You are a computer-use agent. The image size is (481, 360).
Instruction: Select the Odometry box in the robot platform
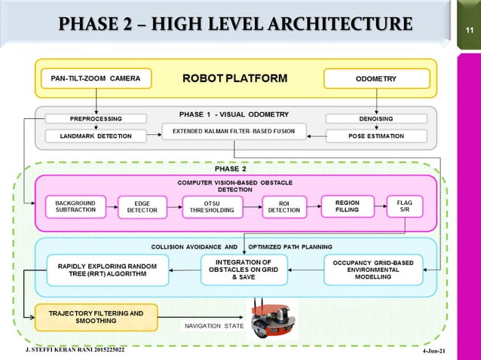[x=376, y=78]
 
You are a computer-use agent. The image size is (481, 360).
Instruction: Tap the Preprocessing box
[x=96, y=118]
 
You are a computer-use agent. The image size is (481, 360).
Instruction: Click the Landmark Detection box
[x=96, y=136]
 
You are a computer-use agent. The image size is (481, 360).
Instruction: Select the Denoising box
[x=376, y=118]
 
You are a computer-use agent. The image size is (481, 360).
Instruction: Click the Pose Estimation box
[x=376, y=136]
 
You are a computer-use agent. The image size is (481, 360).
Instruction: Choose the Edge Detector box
[x=142, y=206]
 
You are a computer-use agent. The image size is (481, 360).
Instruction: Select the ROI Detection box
[x=284, y=206]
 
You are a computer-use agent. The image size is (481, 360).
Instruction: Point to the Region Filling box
[x=348, y=206]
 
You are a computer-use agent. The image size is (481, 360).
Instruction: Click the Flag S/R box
[x=404, y=206]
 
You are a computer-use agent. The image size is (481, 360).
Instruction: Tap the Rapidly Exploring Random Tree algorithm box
[x=106, y=270]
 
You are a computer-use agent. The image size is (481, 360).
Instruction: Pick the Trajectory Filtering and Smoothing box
[x=96, y=317]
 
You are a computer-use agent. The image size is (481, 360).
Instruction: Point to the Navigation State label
[x=214, y=326]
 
